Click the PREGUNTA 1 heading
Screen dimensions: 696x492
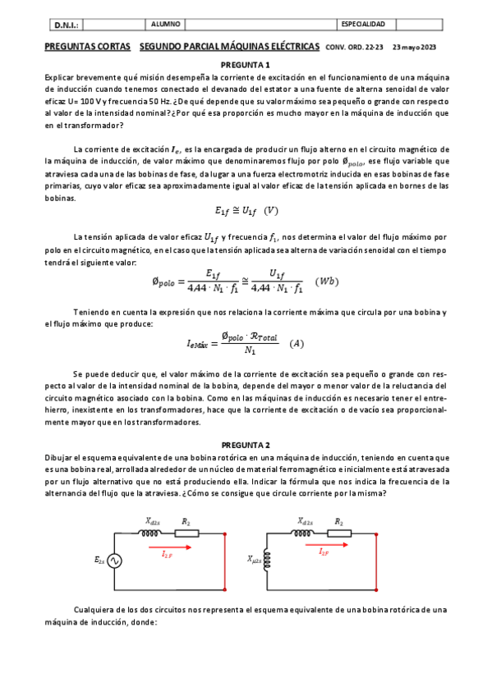coord(246,64)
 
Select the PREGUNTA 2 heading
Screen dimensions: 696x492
coord(246,444)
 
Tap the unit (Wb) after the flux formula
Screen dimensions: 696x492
coord(328,282)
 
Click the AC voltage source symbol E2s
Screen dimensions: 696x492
coord(113,561)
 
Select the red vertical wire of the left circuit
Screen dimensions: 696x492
coord(224,561)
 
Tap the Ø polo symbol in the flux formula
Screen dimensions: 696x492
coord(166,282)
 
